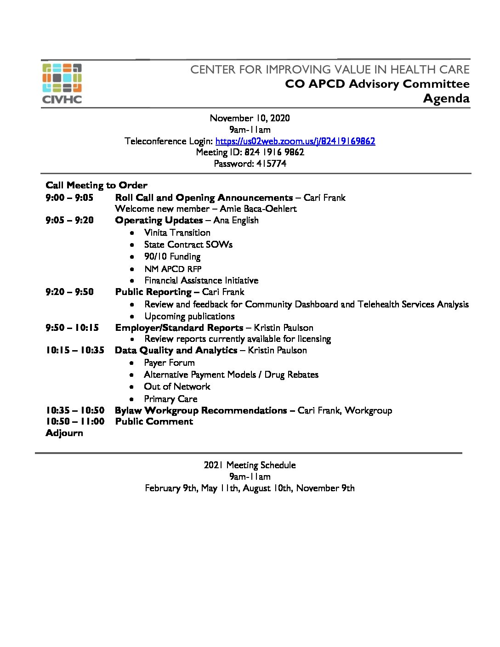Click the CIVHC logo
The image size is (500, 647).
tap(62, 83)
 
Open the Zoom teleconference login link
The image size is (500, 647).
tap(295, 141)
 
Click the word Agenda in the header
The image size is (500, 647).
tap(446, 98)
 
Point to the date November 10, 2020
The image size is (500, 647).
tap(250, 118)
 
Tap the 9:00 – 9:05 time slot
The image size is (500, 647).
tap(69, 198)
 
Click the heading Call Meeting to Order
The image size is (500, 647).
tap(97, 185)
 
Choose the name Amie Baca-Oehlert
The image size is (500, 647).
tap(258, 209)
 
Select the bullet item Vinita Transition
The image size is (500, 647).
tap(177, 233)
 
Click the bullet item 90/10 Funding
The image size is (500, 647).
tap(172, 256)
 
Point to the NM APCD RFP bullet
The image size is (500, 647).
tap(173, 269)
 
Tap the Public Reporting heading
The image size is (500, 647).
tap(153, 292)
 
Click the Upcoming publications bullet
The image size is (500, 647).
tap(189, 316)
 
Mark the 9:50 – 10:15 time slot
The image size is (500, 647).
tap(72, 328)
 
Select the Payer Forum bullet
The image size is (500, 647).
tap(169, 363)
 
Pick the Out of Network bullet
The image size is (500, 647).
tap(177, 386)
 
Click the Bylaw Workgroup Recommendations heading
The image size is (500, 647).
tap(201, 410)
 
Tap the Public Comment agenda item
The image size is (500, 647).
tap(154, 421)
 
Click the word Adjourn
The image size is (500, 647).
tap(64, 433)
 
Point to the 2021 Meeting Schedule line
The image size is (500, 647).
tap(250, 465)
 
